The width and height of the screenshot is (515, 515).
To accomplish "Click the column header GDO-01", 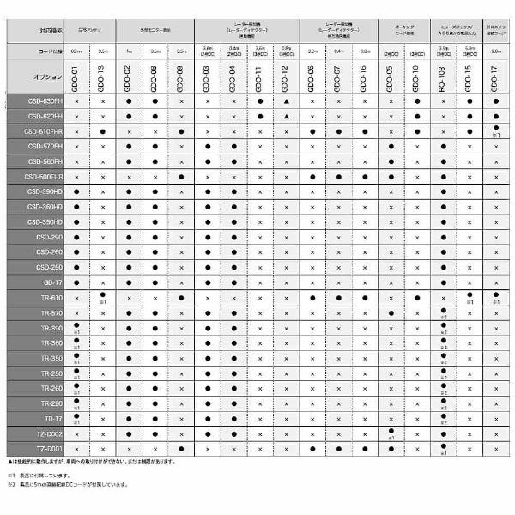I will [x=76, y=78].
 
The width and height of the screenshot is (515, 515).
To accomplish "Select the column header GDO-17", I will [x=495, y=78].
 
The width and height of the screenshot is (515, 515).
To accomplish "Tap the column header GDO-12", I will [x=286, y=78].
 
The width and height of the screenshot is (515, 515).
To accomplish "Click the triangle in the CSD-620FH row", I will [x=286, y=116].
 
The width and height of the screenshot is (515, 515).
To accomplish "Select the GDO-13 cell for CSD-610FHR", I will [x=103, y=131].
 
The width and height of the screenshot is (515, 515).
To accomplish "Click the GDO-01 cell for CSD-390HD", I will [x=76, y=191].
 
